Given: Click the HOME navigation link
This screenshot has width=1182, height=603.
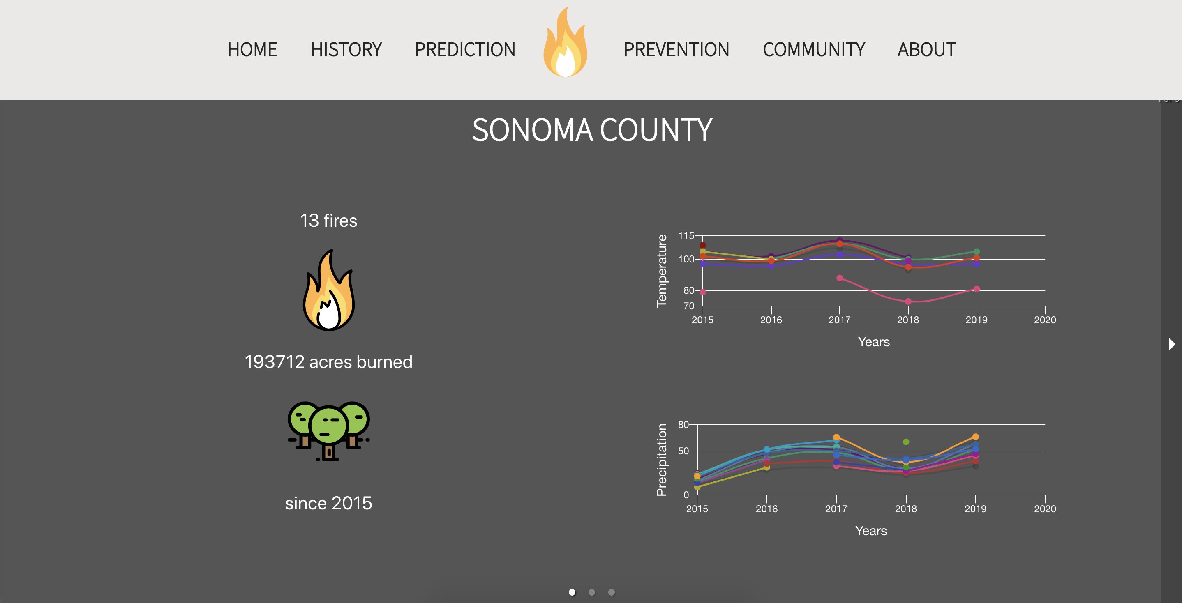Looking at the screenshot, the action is [x=252, y=50].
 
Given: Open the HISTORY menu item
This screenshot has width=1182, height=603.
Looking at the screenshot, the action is [x=346, y=50].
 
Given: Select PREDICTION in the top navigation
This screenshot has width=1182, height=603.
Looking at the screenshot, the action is [x=465, y=50].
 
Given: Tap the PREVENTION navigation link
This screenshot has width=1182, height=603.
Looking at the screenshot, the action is [x=676, y=50].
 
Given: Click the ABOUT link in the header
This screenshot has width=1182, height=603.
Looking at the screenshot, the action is [x=927, y=50].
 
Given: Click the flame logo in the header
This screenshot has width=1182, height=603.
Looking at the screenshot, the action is [x=565, y=42].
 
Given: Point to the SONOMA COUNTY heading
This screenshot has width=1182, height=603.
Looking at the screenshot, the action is [x=592, y=130].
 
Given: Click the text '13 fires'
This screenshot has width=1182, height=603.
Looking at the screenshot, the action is [x=328, y=221].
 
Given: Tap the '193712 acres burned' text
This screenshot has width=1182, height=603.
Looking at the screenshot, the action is [x=328, y=362].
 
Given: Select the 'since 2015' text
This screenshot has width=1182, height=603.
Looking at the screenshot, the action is [x=328, y=503].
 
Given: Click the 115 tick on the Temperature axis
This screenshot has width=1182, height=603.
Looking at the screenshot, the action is [x=686, y=236].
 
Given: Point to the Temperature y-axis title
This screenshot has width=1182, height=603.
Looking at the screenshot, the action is [x=661, y=271].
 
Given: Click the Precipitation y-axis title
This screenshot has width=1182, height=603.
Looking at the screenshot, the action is [x=661, y=460].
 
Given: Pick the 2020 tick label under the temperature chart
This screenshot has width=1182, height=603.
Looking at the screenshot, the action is [x=1045, y=320].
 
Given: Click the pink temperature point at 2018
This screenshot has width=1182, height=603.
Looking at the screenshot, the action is [x=908, y=301].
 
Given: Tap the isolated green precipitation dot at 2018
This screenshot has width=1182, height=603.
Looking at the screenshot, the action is [x=906, y=442].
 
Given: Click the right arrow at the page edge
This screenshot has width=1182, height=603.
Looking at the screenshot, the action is [x=1171, y=344].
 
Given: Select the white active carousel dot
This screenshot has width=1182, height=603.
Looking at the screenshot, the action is [x=572, y=592].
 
